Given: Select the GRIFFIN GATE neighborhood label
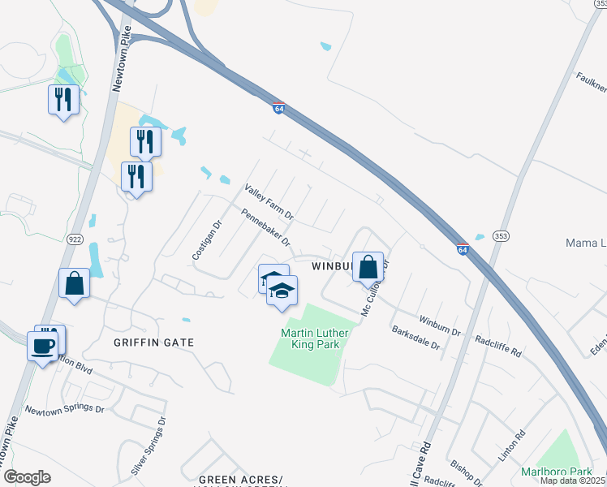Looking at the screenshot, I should [x=154, y=343].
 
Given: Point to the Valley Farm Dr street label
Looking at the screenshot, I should [x=269, y=204].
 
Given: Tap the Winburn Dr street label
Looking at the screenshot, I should [x=440, y=325].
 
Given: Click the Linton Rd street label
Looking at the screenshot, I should [x=512, y=446].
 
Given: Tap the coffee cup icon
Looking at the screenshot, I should [x=42, y=347].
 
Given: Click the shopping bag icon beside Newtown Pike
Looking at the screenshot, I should [x=75, y=284].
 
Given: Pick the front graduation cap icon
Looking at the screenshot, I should [x=282, y=291].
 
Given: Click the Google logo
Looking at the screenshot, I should [x=27, y=477].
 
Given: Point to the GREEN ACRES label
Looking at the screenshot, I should [x=241, y=479].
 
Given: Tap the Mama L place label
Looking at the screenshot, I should [x=585, y=243].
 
